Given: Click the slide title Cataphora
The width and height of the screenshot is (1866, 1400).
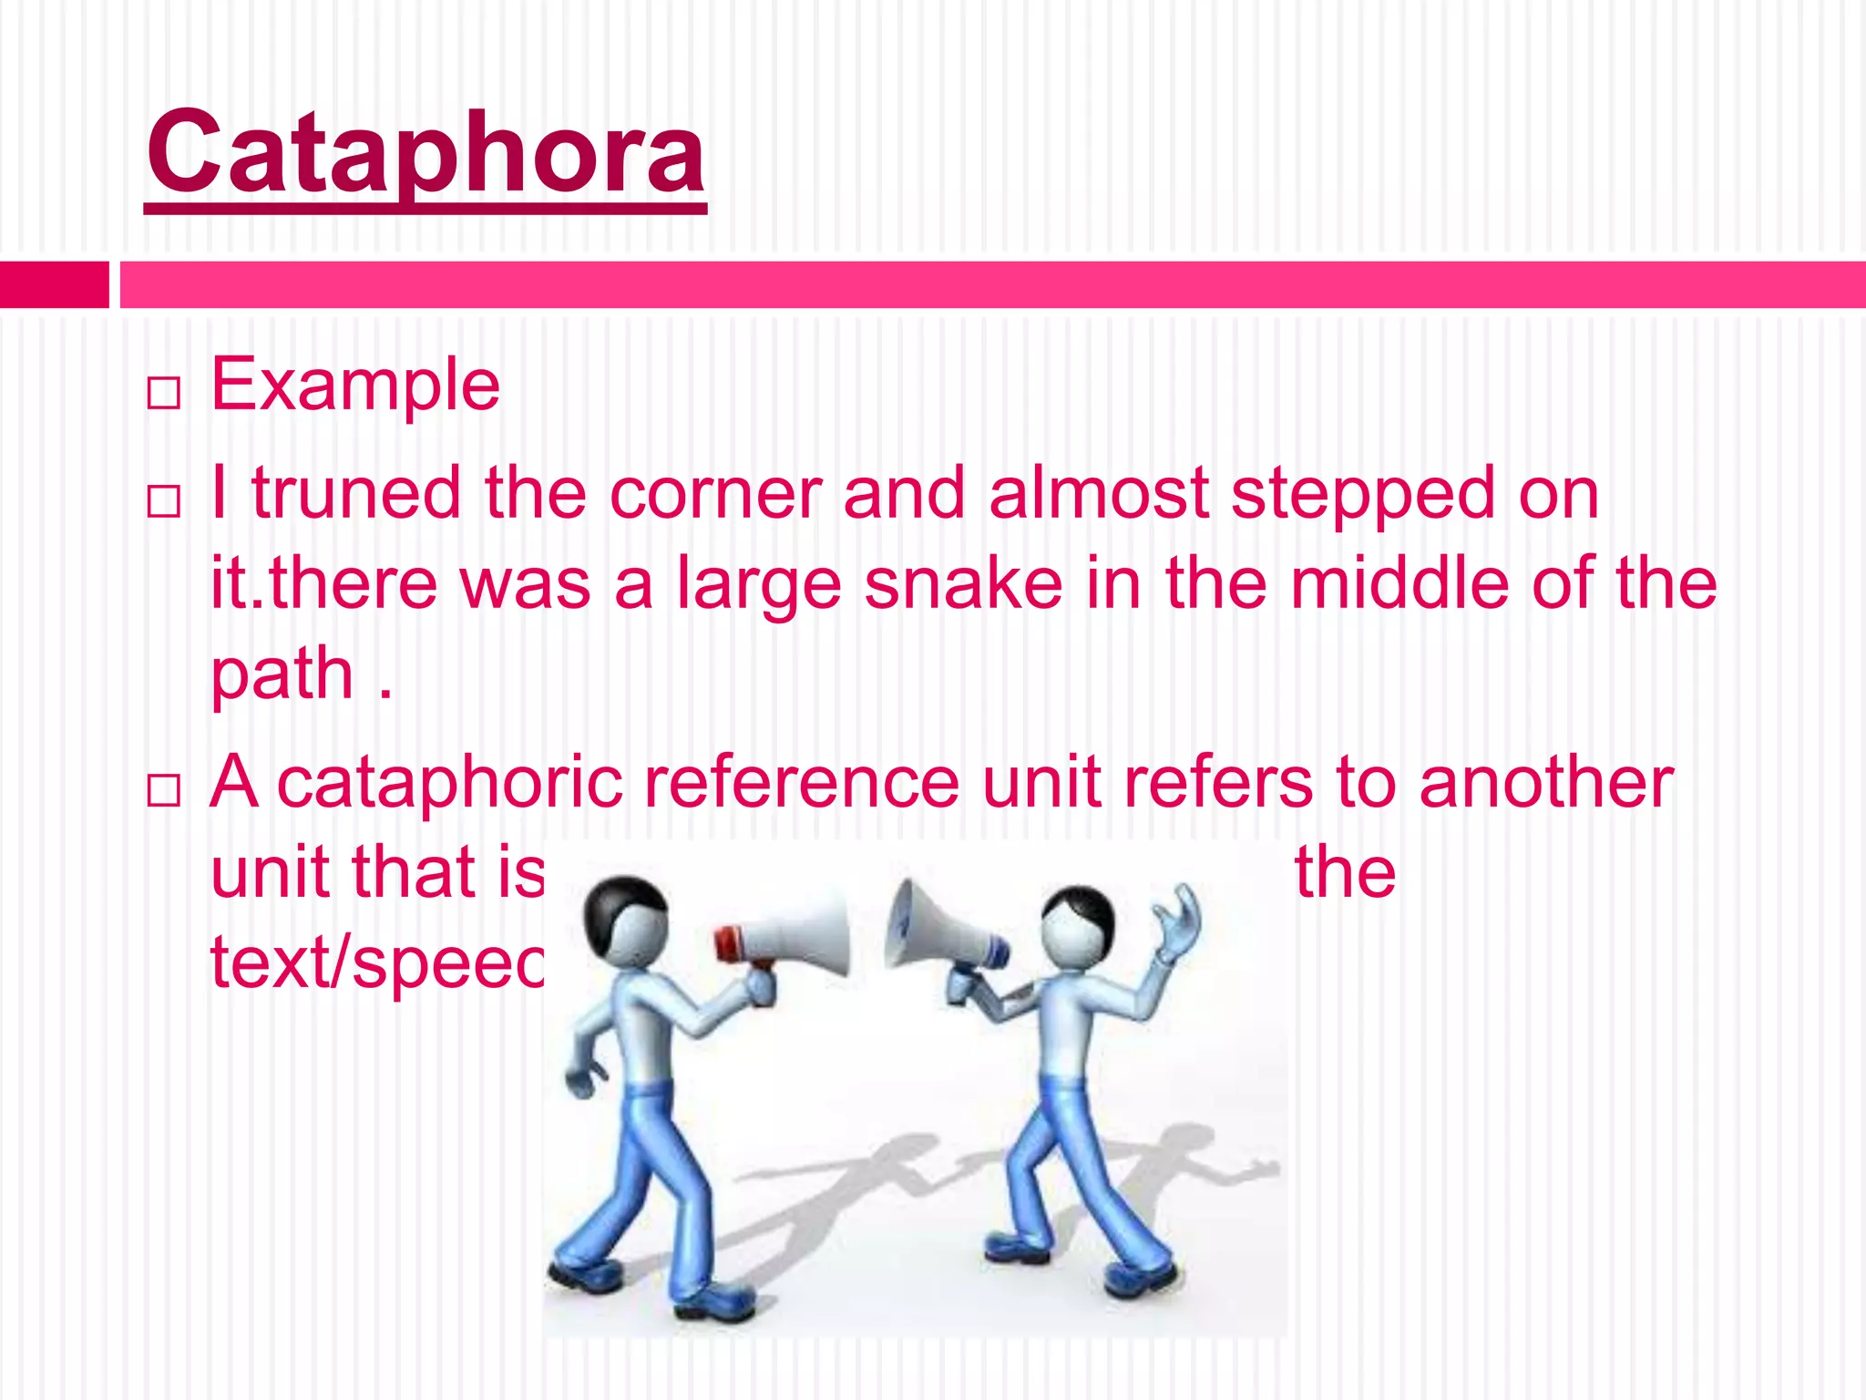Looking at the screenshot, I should tap(425, 153).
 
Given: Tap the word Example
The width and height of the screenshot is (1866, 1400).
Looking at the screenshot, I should tap(355, 385).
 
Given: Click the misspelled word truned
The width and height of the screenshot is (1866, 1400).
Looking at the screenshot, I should tap(356, 493).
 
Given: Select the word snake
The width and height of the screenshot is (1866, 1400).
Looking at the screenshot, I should tap(963, 583).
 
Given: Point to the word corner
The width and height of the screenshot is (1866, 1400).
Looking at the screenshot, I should tap(715, 493).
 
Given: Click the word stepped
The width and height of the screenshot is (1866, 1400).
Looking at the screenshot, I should tap(1363, 493).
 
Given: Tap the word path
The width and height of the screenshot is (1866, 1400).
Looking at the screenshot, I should tap(282, 674).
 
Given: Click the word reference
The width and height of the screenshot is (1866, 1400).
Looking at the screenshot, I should tap(802, 782).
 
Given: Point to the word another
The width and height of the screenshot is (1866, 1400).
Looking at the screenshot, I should tap(1545, 782).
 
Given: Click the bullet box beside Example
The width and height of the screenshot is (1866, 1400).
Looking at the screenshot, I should tap(164, 394).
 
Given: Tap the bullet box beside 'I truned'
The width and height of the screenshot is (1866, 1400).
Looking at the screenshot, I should tap(164, 501).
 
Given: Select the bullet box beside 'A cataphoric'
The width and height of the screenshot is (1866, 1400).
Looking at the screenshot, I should tap(164, 791).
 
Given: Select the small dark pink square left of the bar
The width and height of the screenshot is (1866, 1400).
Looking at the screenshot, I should tap(54, 284).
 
